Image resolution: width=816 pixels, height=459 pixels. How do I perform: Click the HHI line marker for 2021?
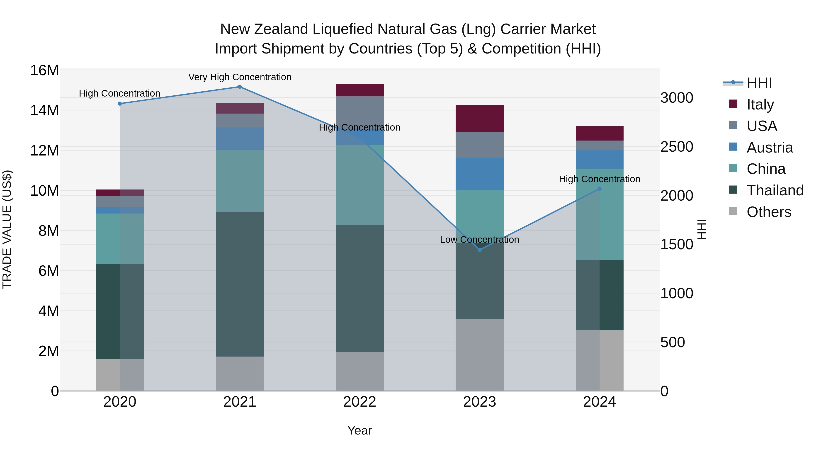coord(240,87)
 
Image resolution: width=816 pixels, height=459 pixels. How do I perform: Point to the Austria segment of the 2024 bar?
coord(599,159)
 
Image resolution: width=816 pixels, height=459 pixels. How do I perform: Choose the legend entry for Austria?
coord(770,148)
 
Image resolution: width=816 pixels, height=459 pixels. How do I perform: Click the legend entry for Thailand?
coord(775,190)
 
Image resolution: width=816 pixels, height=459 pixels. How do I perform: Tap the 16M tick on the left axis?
coord(44,70)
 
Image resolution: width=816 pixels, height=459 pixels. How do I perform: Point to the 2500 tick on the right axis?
coord(677,147)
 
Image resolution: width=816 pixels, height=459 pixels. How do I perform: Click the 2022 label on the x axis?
coord(359,402)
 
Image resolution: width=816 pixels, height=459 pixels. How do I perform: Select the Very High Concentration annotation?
coord(240,77)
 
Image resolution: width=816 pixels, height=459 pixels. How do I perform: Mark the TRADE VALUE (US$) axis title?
coord(7,229)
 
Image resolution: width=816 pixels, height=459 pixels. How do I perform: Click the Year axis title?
coord(359,430)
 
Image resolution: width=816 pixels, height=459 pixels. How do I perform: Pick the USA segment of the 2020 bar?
coord(120,202)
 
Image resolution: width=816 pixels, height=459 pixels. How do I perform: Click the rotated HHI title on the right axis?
coord(702,229)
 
